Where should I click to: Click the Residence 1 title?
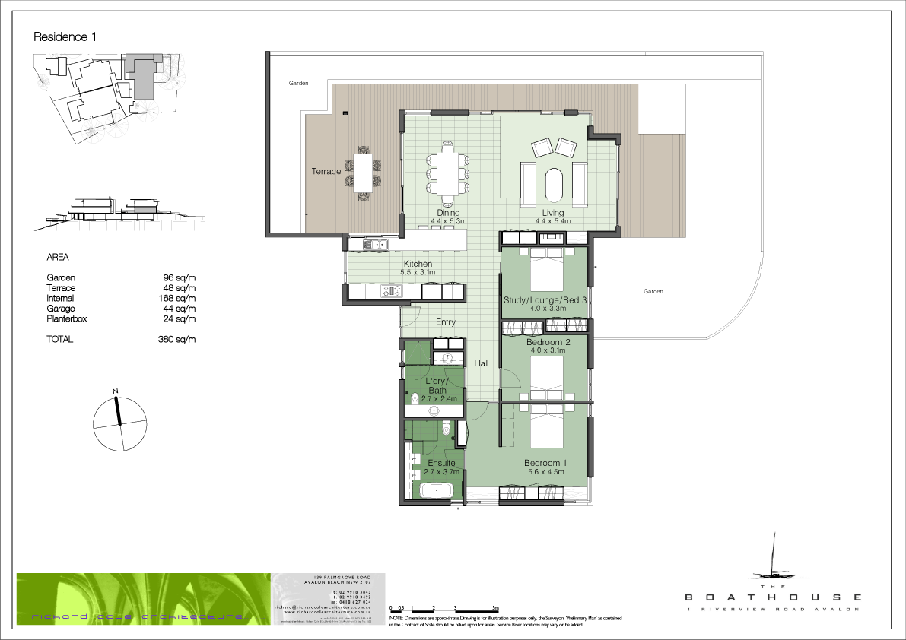(x=65, y=36)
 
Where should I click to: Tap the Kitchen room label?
(x=417, y=264)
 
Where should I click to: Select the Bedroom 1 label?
(x=545, y=463)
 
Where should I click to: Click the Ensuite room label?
(x=441, y=463)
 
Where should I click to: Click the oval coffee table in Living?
(x=553, y=185)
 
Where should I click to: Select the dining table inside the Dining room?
(x=447, y=173)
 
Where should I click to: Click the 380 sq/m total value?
(x=180, y=340)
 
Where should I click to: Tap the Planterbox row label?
(x=67, y=319)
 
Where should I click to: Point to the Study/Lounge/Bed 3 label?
(x=545, y=300)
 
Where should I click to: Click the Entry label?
(x=446, y=322)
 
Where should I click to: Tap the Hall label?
(x=482, y=364)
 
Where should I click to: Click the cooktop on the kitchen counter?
(x=391, y=291)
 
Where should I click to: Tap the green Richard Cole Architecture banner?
(x=143, y=600)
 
